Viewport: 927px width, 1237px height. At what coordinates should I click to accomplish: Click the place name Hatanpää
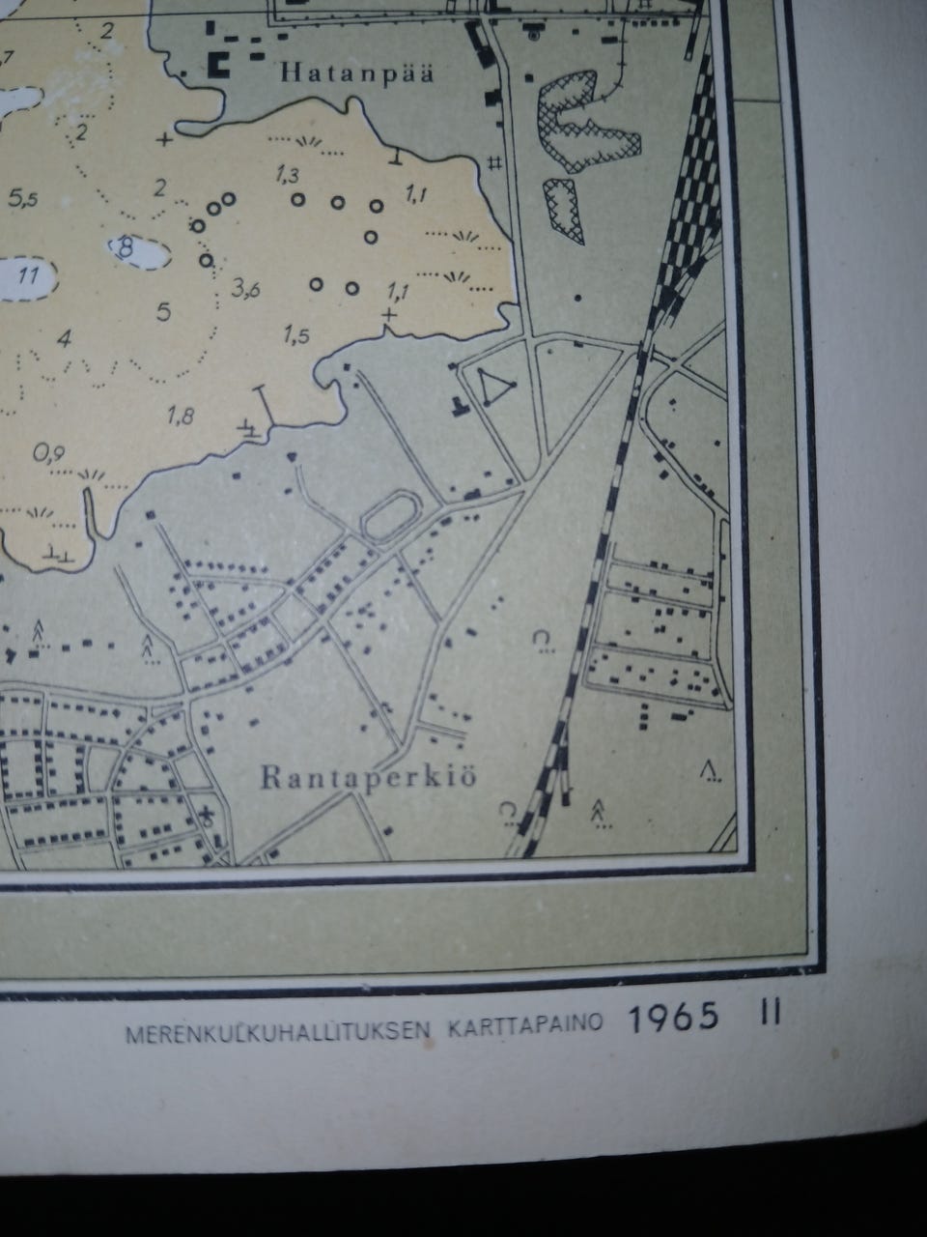(356, 72)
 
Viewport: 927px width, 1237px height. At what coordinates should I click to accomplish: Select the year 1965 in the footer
(674, 1018)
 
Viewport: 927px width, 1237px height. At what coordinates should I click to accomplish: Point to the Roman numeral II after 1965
(770, 1014)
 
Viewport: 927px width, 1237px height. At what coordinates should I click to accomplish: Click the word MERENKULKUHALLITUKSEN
(278, 1031)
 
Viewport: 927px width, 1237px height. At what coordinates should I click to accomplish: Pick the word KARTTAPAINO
(525, 1024)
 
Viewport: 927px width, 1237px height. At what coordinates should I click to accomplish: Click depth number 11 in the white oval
(29, 276)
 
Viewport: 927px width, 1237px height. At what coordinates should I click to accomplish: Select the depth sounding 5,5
(23, 200)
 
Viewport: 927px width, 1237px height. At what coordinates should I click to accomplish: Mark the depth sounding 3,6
(245, 288)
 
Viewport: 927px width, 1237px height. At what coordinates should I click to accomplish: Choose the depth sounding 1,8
(181, 417)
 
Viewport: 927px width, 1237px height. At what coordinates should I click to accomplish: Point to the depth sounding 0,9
(49, 452)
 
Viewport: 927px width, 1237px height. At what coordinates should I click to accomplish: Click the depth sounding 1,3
(287, 175)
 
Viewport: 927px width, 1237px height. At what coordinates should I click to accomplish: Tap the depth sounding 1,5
(296, 335)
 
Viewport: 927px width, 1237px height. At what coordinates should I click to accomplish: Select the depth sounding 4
(65, 338)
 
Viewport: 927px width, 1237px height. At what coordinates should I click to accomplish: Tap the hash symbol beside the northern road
(495, 162)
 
